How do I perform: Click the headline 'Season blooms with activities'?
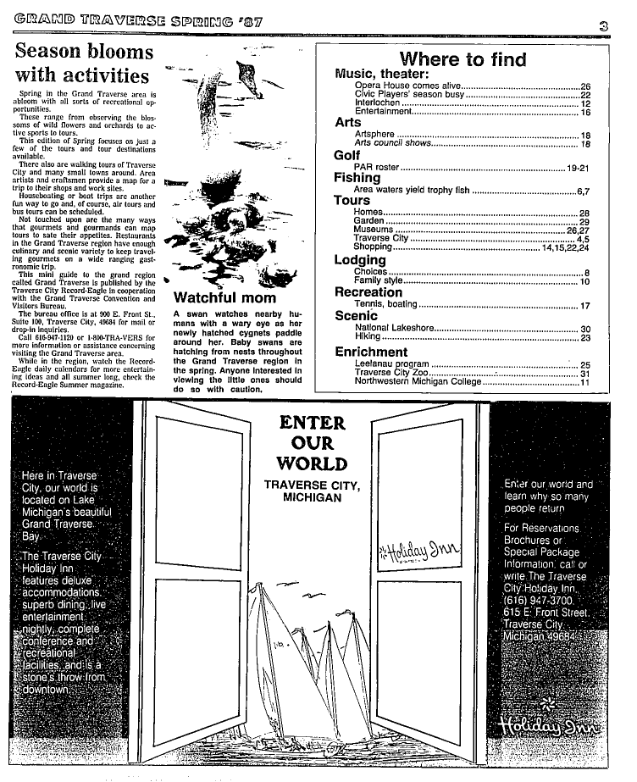(84, 64)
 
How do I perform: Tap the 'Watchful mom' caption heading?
(224, 298)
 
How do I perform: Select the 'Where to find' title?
(463, 59)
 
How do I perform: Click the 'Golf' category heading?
(347, 155)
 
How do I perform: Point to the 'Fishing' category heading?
(357, 178)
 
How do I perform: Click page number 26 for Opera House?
(584, 87)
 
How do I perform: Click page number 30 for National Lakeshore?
(584, 329)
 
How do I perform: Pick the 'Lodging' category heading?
(360, 260)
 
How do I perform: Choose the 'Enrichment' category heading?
(371, 352)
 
